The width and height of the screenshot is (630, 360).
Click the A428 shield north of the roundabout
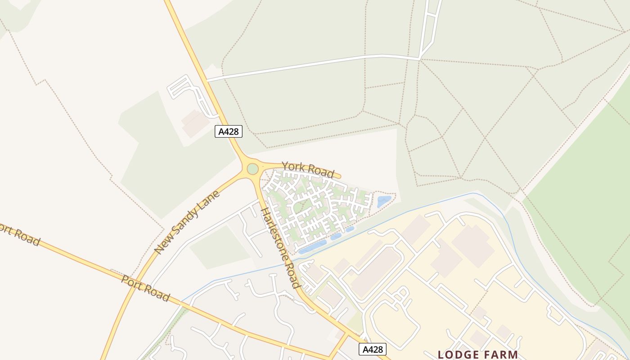pyautogui.click(x=229, y=131)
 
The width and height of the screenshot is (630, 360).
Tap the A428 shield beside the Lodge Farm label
pyautogui.click(x=373, y=349)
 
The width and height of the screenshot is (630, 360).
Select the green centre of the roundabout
pyautogui.click(x=253, y=169)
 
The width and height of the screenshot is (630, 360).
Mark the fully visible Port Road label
pyautogui.click(x=145, y=288)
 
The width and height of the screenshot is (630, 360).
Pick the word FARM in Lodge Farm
pyautogui.click(x=500, y=355)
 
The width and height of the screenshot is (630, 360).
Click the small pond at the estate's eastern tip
pyautogui.click(x=384, y=201)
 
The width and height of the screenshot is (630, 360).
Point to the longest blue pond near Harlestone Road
pyautogui.click(x=312, y=247)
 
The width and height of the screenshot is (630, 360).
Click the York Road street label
pyautogui.click(x=308, y=169)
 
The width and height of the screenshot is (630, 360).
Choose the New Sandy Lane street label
pyautogui.click(x=187, y=222)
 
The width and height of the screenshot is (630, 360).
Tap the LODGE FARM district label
pyautogui.click(x=478, y=355)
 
